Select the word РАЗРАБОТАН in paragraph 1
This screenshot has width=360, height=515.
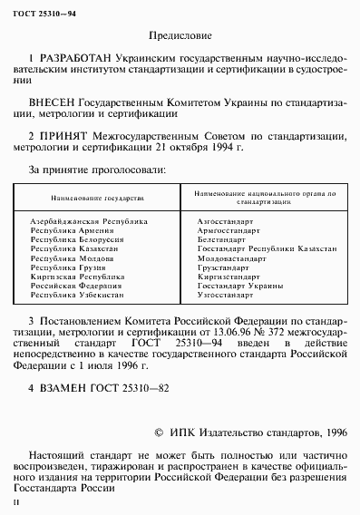pyautogui.click(x=68, y=56)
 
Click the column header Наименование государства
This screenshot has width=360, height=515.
pyautogui.click(x=98, y=197)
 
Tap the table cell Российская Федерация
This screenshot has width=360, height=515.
pyautogui.click(x=72, y=284)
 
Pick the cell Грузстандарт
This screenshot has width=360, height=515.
pyautogui.click(x=223, y=267)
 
